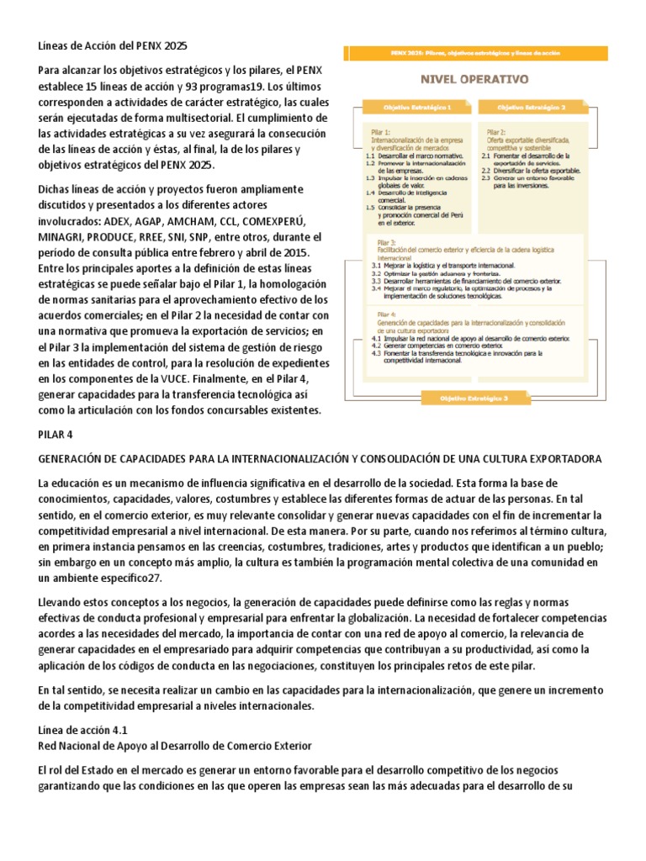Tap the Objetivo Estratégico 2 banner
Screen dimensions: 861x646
[532, 108]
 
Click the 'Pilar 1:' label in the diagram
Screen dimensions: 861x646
[379, 131]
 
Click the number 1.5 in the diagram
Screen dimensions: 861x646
[370, 207]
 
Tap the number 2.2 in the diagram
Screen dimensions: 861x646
[486, 171]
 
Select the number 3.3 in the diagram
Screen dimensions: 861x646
[376, 280]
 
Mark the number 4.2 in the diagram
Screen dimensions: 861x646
[376, 346]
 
